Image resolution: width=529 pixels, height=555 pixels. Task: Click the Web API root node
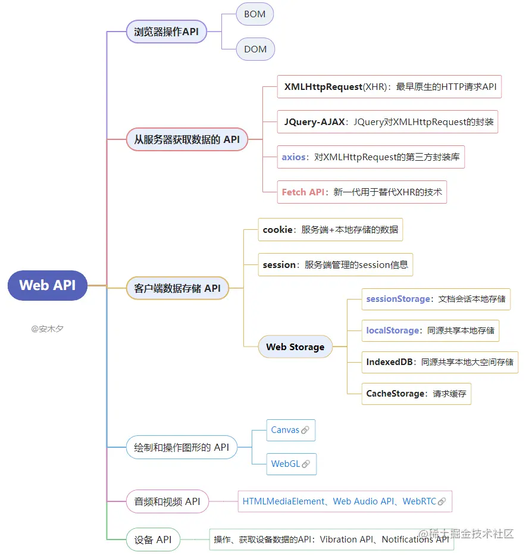[x=48, y=285]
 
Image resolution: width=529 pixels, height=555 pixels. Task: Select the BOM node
[x=255, y=14]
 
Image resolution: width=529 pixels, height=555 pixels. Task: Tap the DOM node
[x=255, y=49]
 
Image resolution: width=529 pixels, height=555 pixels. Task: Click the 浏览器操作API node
[x=167, y=32]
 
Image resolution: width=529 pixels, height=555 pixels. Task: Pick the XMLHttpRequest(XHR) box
[x=389, y=87]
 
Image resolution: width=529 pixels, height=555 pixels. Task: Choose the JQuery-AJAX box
[x=387, y=122]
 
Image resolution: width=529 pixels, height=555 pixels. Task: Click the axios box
[x=371, y=157]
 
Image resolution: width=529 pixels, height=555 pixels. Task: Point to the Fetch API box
[x=362, y=192]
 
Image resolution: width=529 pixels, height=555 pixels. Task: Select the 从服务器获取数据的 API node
[x=187, y=139]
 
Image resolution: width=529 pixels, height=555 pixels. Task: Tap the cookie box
[x=330, y=229]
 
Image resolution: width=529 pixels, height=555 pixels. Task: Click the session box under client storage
[x=335, y=264]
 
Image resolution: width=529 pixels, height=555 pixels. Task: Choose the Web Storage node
[x=295, y=347]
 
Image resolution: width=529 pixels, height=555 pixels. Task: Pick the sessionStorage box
[x=436, y=299]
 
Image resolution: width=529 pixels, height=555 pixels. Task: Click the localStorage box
[x=430, y=330]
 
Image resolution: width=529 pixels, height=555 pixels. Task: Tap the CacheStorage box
[x=416, y=394]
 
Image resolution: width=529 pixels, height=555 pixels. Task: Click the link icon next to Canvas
[x=305, y=430]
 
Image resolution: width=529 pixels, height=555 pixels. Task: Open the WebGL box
[x=291, y=464]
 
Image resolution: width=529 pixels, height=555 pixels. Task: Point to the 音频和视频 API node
[x=167, y=501]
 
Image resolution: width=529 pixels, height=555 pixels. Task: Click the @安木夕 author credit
[x=48, y=329]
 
